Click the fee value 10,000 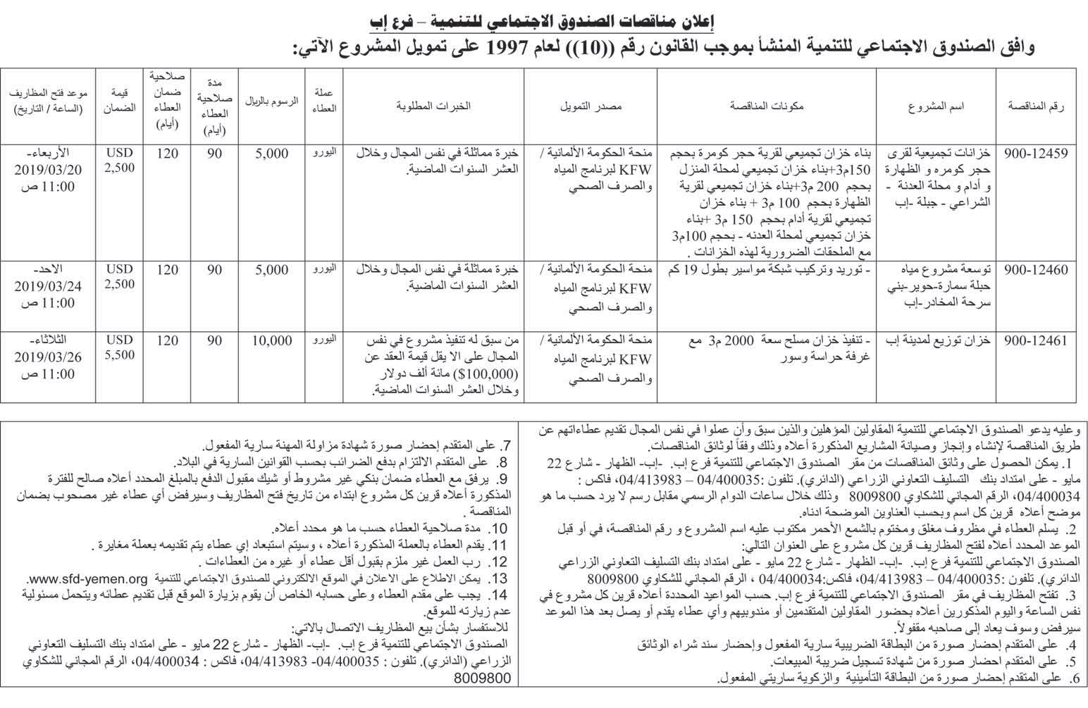coord(271,341)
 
